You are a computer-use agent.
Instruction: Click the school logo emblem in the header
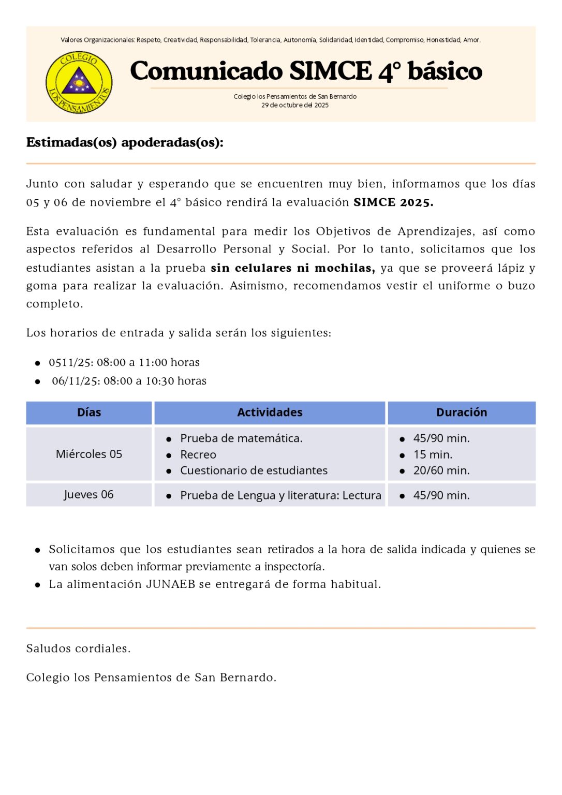tap(79, 82)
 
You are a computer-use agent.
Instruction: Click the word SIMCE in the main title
tap(330, 71)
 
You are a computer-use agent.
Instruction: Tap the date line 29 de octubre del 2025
tap(294, 105)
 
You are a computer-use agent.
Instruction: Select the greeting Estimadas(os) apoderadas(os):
tap(125, 142)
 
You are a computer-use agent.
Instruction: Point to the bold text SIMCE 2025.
tap(393, 202)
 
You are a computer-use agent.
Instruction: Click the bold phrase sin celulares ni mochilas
tap(292, 268)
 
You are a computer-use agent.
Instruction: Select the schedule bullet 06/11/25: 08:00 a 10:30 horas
tap(129, 381)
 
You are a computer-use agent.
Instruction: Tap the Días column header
tap(89, 413)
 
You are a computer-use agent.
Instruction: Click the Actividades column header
tap(270, 413)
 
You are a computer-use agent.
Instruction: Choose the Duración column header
tap(461, 413)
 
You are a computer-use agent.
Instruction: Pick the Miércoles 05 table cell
tap(89, 454)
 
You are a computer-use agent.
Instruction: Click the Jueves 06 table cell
tap(89, 495)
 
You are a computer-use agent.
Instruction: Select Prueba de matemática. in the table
tap(241, 438)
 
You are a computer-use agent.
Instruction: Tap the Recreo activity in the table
tap(198, 454)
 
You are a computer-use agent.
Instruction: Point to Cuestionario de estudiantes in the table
tap(254, 470)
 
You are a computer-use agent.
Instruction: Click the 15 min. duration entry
tap(433, 454)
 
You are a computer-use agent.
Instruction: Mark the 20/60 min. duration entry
tap(441, 470)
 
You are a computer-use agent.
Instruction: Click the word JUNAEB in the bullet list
tap(170, 584)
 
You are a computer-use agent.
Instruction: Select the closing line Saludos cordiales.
tap(78, 649)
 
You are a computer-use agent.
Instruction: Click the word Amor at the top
tap(471, 40)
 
